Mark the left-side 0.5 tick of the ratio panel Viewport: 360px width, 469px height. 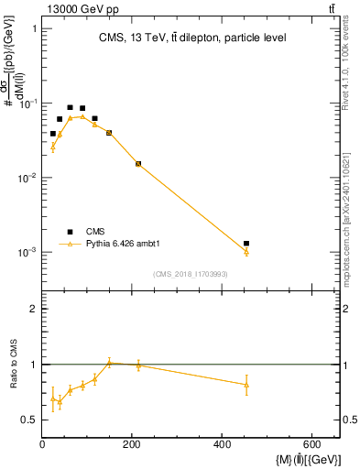(x=31, y=420)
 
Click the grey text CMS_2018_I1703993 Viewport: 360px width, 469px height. (x=191, y=274)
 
